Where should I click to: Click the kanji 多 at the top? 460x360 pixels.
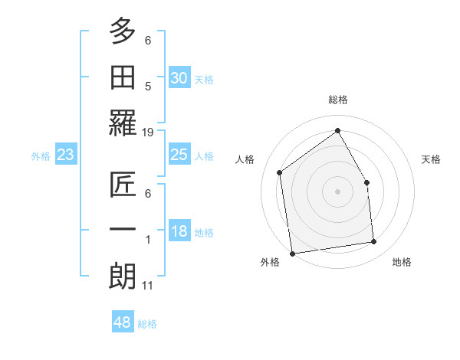[123, 32]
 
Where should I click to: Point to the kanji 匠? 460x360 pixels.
[123, 185]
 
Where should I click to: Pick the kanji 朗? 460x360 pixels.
[123, 277]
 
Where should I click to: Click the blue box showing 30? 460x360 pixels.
[179, 78]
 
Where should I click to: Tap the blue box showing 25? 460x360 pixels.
[179, 155]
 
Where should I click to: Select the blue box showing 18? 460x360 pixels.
[179, 231]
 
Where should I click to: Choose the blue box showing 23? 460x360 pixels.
[66, 155]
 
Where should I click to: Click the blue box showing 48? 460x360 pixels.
[123, 322]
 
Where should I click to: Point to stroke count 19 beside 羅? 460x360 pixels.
[148, 133]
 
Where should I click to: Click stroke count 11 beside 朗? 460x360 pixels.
[148, 286]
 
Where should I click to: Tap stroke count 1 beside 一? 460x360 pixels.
[148, 240]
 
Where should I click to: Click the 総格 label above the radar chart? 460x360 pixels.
[337, 100]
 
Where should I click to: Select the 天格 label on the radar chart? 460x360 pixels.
[431, 159]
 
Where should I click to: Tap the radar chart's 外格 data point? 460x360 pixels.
[292, 254]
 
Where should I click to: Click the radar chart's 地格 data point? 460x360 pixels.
[374, 242]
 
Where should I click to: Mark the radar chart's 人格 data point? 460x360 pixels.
[280, 172]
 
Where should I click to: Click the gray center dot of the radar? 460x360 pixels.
[337, 191]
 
